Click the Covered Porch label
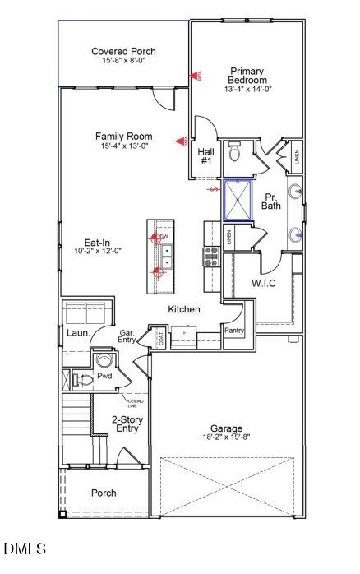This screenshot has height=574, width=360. (123, 51)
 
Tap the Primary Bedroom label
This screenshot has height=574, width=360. (247, 76)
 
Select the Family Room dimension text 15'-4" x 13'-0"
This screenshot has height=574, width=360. (123, 146)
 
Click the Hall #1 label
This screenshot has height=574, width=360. (206, 156)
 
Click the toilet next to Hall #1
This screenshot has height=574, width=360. (234, 152)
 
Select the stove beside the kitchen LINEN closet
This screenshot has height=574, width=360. (211, 257)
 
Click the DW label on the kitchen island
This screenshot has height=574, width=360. (164, 238)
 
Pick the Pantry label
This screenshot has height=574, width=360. (233, 330)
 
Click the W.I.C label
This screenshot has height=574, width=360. (263, 284)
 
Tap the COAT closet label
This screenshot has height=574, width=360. (162, 338)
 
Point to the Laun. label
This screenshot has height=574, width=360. (78, 333)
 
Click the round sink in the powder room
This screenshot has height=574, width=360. (104, 360)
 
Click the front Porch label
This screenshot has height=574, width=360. (104, 493)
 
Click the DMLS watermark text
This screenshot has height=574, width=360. (25, 548)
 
